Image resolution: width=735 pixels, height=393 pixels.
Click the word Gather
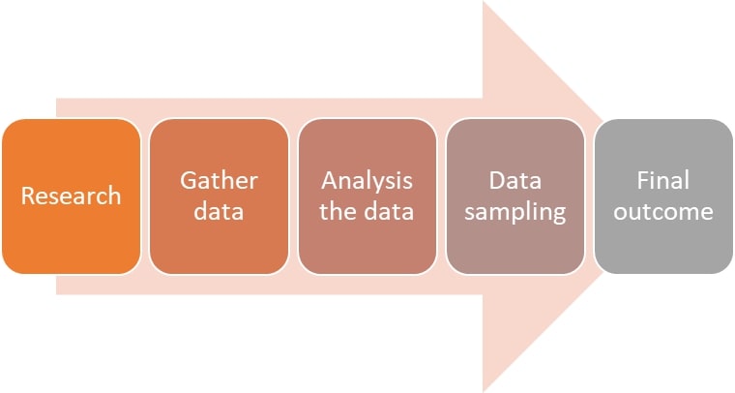[x=219, y=181]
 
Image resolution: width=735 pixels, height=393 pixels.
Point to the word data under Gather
[x=219, y=212]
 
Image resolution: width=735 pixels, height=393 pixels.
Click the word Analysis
[x=367, y=181]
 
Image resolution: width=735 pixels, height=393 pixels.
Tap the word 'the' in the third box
[x=338, y=212]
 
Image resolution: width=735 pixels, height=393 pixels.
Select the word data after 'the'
[x=388, y=212]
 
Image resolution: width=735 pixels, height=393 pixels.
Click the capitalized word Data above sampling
[x=514, y=181]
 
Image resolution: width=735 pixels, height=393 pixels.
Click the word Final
[x=662, y=181]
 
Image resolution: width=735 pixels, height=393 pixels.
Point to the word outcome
[x=662, y=212]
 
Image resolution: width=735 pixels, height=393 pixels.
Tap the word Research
[x=71, y=196]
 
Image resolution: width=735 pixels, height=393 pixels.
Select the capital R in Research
[x=28, y=196]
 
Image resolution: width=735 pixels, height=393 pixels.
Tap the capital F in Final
[x=642, y=181]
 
